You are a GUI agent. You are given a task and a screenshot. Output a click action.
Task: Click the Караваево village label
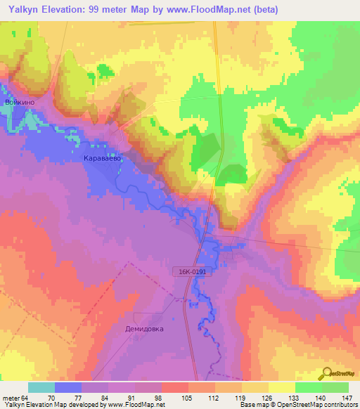coord(103,159)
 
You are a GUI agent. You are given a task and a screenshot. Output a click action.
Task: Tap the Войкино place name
coord(20,102)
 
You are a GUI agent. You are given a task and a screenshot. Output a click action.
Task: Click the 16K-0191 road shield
coord(190,270)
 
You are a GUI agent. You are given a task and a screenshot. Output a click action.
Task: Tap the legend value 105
coord(188,398)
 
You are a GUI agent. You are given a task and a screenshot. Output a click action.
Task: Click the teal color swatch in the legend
coord(41,387)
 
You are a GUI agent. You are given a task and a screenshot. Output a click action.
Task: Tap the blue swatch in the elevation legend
coord(68,387)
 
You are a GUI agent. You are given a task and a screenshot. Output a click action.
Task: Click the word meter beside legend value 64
coord(12,398)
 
